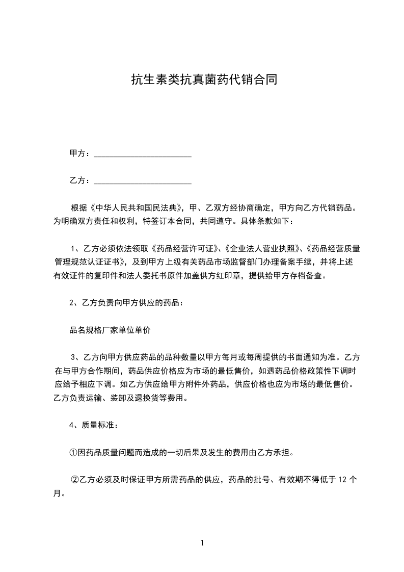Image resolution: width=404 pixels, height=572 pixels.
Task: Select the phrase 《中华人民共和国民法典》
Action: pyautogui.click(x=136, y=208)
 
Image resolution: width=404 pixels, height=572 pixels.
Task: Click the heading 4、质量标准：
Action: pyautogui.click(x=95, y=425)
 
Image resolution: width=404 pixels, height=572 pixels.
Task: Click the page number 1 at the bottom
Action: pyautogui.click(x=202, y=543)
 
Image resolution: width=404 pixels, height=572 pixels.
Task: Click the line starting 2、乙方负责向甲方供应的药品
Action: pyautogui.click(x=125, y=303)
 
